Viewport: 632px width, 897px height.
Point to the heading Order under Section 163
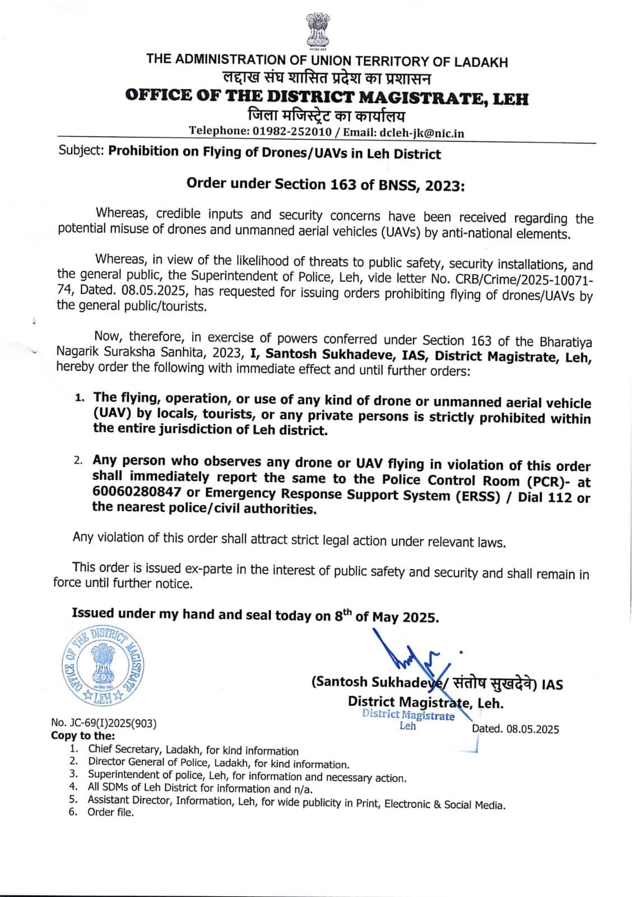pos(326,184)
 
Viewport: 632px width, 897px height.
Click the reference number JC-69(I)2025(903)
pos(104,723)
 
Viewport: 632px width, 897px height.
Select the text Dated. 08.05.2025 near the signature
pos(515,729)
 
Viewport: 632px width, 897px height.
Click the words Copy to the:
pos(83,735)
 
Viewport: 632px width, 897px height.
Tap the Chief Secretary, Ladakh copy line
pos(193,751)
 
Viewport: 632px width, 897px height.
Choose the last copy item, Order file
pos(110,812)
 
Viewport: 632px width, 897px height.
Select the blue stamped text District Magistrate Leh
pos(408,720)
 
